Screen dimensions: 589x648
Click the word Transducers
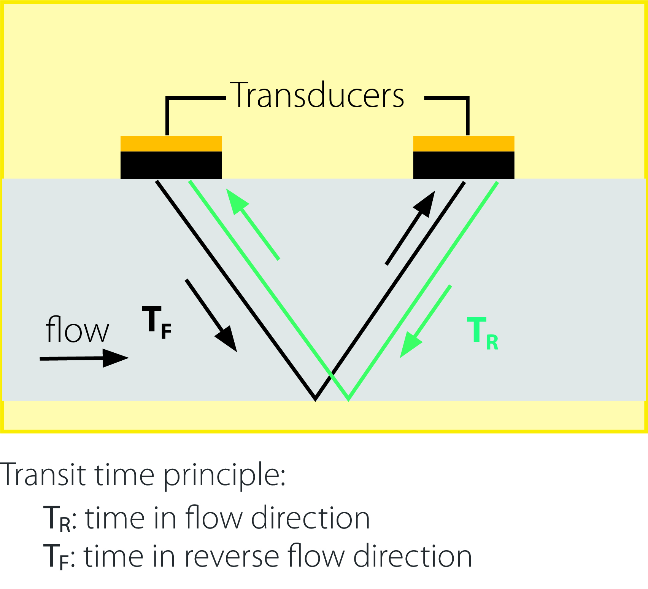point(319,95)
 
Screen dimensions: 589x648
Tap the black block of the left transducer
point(171,165)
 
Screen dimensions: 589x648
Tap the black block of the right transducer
point(464,165)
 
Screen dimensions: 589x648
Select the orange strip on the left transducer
point(171,144)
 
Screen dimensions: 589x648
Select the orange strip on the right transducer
point(464,144)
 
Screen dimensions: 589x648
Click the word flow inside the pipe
point(77,330)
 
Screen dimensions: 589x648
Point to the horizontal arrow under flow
point(84,358)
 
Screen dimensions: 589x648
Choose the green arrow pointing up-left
point(253,224)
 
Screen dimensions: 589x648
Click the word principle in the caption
point(224,476)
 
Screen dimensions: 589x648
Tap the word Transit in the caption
point(44,475)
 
